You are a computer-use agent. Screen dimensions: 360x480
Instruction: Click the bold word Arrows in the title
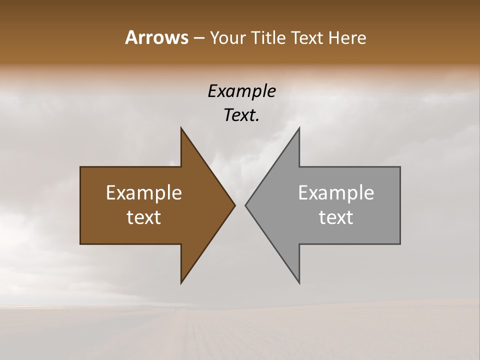[x=156, y=37]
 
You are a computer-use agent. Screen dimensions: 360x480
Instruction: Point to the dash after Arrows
[x=198, y=38]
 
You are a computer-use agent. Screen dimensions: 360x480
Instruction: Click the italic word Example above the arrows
[x=241, y=91]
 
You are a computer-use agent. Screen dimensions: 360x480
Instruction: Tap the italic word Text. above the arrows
[x=241, y=115]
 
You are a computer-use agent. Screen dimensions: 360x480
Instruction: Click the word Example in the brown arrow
[x=144, y=193]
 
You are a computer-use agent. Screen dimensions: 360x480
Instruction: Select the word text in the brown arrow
[x=144, y=217]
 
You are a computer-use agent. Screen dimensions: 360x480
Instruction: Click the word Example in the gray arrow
[x=336, y=193]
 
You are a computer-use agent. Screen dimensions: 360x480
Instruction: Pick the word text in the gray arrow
[x=336, y=217]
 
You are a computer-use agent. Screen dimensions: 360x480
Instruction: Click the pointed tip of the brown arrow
[x=235, y=205]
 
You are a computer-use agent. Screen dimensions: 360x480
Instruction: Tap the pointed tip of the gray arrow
[x=245, y=205]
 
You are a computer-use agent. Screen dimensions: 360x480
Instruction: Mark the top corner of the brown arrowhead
[x=181, y=128]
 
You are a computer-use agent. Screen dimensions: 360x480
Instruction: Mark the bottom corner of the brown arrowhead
[x=181, y=283]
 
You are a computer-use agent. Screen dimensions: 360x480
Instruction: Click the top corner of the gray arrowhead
[x=299, y=128]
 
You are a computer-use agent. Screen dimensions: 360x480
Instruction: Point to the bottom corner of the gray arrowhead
[x=299, y=283]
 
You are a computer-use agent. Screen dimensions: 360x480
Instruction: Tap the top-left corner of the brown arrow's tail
[x=80, y=167]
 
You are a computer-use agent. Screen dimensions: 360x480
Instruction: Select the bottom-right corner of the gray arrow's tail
[x=400, y=243]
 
